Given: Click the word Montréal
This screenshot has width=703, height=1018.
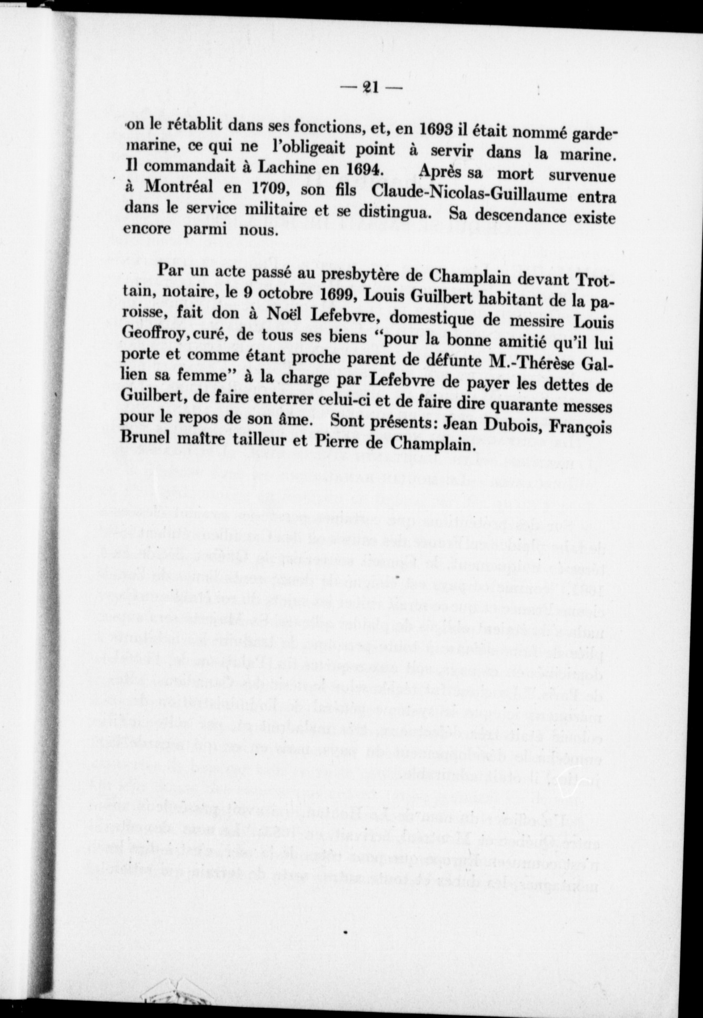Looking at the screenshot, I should (x=179, y=188).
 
